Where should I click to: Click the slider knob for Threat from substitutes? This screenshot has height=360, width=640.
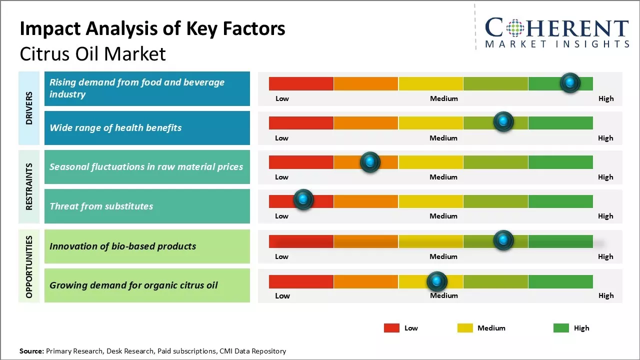pyautogui.click(x=303, y=199)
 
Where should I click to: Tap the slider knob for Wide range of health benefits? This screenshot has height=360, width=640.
pyautogui.click(x=503, y=121)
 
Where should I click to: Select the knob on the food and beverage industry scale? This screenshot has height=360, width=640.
pyautogui.click(x=570, y=82)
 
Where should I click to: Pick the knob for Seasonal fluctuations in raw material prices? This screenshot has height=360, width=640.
pyautogui.click(x=370, y=162)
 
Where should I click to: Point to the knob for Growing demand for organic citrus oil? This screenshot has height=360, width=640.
pyautogui.click(x=437, y=281)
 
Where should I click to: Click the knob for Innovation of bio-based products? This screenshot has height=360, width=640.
pyautogui.click(x=503, y=240)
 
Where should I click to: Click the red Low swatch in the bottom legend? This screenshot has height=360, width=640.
pyautogui.click(x=391, y=328)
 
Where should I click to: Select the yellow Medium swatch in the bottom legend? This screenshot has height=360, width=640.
pyautogui.click(x=465, y=328)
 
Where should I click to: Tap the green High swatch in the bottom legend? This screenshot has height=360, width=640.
pyautogui.click(x=561, y=328)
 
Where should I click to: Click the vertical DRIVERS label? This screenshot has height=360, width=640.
pyautogui.click(x=29, y=108)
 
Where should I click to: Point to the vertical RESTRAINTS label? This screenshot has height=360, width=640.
pyautogui.click(x=29, y=186)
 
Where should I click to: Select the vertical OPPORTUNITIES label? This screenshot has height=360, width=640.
pyautogui.click(x=29, y=266)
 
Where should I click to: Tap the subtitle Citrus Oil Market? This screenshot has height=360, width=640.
pyautogui.click(x=92, y=54)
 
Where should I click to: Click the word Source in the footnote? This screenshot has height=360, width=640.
pyautogui.click(x=31, y=351)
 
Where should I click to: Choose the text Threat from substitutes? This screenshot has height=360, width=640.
pyautogui.click(x=101, y=206)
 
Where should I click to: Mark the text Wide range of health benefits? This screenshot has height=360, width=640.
pyautogui.click(x=115, y=127)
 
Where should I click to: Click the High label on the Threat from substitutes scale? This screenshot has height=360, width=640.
pyautogui.click(x=605, y=216)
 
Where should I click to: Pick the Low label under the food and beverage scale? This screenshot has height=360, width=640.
pyautogui.click(x=282, y=98)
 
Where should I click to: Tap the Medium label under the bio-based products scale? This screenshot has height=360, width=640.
pyautogui.click(x=443, y=256)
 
